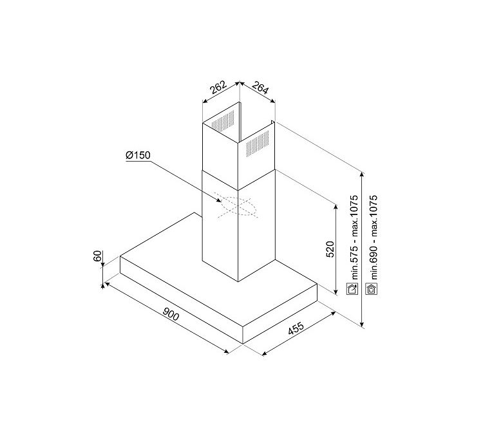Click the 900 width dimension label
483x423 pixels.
click(171, 314)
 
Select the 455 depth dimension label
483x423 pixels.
click(296, 328)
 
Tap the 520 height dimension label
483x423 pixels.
click(330, 249)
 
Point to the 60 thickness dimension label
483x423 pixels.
click(97, 256)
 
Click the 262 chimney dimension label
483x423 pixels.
click(218, 87)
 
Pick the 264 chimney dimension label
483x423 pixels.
click(261, 88)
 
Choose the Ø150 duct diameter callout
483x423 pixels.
click(138, 155)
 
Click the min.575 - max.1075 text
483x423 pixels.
click(355, 238)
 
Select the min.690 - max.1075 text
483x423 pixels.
click(374, 238)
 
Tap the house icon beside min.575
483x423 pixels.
click(352, 289)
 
